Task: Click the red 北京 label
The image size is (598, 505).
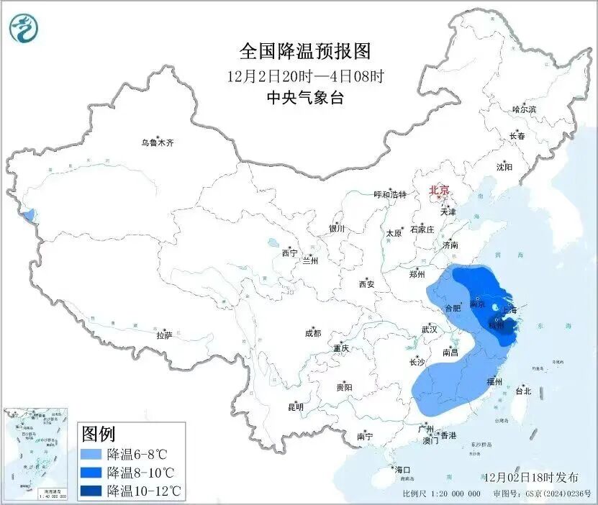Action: click(438, 190)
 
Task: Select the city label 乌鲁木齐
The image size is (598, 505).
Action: click(157, 143)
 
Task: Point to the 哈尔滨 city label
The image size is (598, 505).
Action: click(524, 109)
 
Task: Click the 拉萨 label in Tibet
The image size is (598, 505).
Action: click(164, 335)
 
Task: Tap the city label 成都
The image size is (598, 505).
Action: click(313, 333)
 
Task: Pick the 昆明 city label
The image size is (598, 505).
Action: click(296, 407)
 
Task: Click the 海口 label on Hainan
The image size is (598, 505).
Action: click(402, 470)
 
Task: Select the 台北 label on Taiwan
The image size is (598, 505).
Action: click(523, 391)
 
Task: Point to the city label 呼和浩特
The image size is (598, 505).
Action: click(390, 195)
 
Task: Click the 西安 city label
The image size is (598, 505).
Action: click(366, 284)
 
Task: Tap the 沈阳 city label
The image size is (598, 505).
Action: click(504, 167)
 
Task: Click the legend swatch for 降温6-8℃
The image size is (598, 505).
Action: click(91, 455)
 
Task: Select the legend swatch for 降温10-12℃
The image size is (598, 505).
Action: click(91, 491)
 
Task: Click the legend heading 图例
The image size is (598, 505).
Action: click(99, 434)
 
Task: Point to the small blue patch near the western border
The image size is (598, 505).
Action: click(28, 214)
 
